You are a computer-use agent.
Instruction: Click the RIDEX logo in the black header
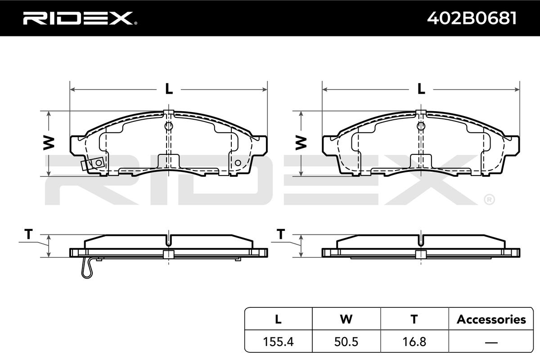(x=80, y=18)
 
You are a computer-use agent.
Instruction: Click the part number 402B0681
(x=472, y=18)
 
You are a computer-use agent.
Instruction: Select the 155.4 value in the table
(x=278, y=342)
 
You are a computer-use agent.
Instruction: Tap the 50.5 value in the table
(x=346, y=342)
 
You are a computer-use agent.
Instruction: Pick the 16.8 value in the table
(x=414, y=342)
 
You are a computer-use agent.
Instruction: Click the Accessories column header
(x=491, y=319)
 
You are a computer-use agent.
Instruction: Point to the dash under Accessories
(x=491, y=342)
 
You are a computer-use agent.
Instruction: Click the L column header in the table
(x=278, y=319)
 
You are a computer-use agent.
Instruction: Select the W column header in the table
(x=346, y=319)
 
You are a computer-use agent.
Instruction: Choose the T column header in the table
(x=414, y=319)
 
